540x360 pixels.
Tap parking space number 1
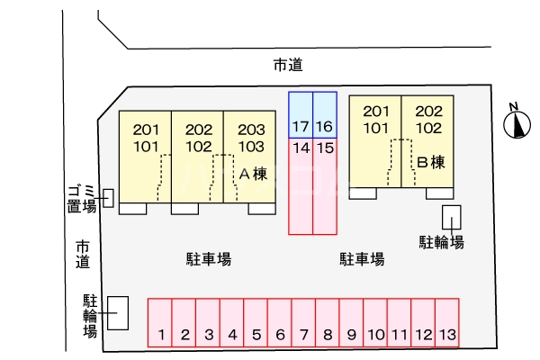pyautogui.click(x=160, y=322)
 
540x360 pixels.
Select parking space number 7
pyautogui.click(x=303, y=322)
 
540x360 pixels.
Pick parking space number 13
pyautogui.click(x=447, y=322)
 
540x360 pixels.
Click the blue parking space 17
pyautogui.click(x=301, y=115)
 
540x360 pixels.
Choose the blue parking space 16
pyautogui.click(x=325, y=115)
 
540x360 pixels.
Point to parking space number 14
pyautogui.click(x=301, y=186)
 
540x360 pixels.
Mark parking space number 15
pyautogui.click(x=325, y=186)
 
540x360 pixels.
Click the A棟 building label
pyautogui.click(x=253, y=174)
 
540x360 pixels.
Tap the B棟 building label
pyautogui.click(x=431, y=162)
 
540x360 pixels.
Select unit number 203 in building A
pyautogui.click(x=251, y=130)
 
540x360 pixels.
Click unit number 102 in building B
pyautogui.click(x=428, y=128)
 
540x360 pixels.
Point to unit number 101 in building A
pyautogui.click(x=146, y=147)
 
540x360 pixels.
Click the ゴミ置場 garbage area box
pyautogui.click(x=109, y=198)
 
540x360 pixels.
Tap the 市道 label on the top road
pyautogui.click(x=288, y=65)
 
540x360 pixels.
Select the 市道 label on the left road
pyautogui.click(x=83, y=254)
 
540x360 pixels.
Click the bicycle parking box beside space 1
pyautogui.click(x=118, y=313)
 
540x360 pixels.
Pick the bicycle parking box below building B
pyautogui.click(x=452, y=218)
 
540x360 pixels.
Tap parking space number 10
pyautogui.click(x=375, y=322)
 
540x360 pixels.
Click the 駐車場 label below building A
pyautogui.click(x=209, y=259)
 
